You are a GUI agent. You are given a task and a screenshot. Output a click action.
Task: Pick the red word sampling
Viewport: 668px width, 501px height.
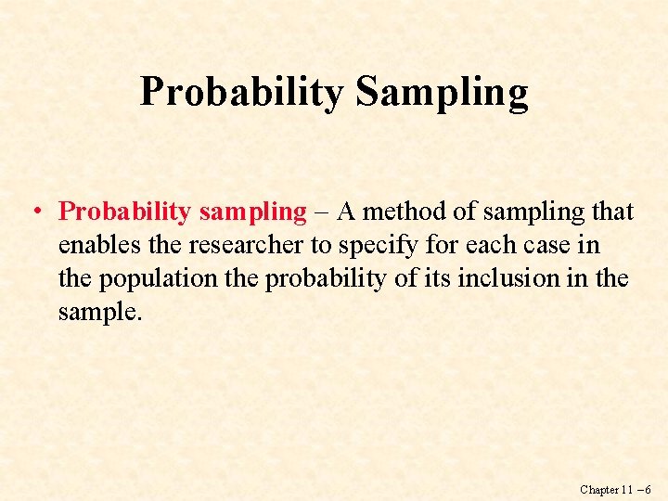(x=252, y=212)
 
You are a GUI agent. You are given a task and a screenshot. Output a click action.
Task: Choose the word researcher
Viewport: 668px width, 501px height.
(x=217, y=246)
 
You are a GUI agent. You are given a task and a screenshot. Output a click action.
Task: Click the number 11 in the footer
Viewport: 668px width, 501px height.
(x=629, y=489)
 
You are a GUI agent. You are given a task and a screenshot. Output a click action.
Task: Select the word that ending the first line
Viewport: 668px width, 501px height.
(x=612, y=212)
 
